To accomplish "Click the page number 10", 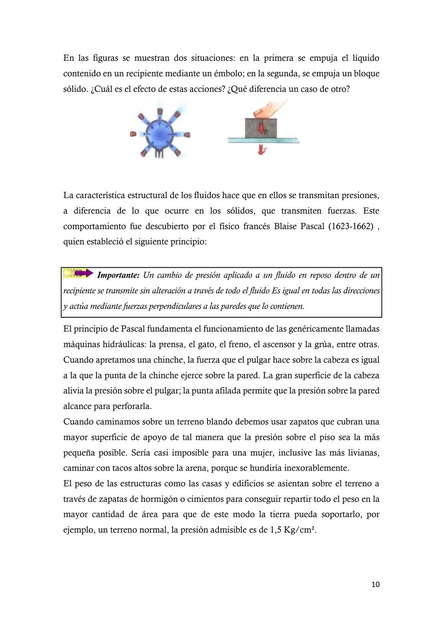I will coord(375,584).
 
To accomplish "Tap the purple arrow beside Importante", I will coord(84,273).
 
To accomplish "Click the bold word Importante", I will coord(118,275).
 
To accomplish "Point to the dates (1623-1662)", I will coord(351,226).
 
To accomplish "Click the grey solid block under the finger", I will coord(261,128).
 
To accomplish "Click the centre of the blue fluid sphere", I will coord(159,134).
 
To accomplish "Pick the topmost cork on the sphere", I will coord(160,112).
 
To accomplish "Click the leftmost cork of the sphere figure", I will coord(133,134).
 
